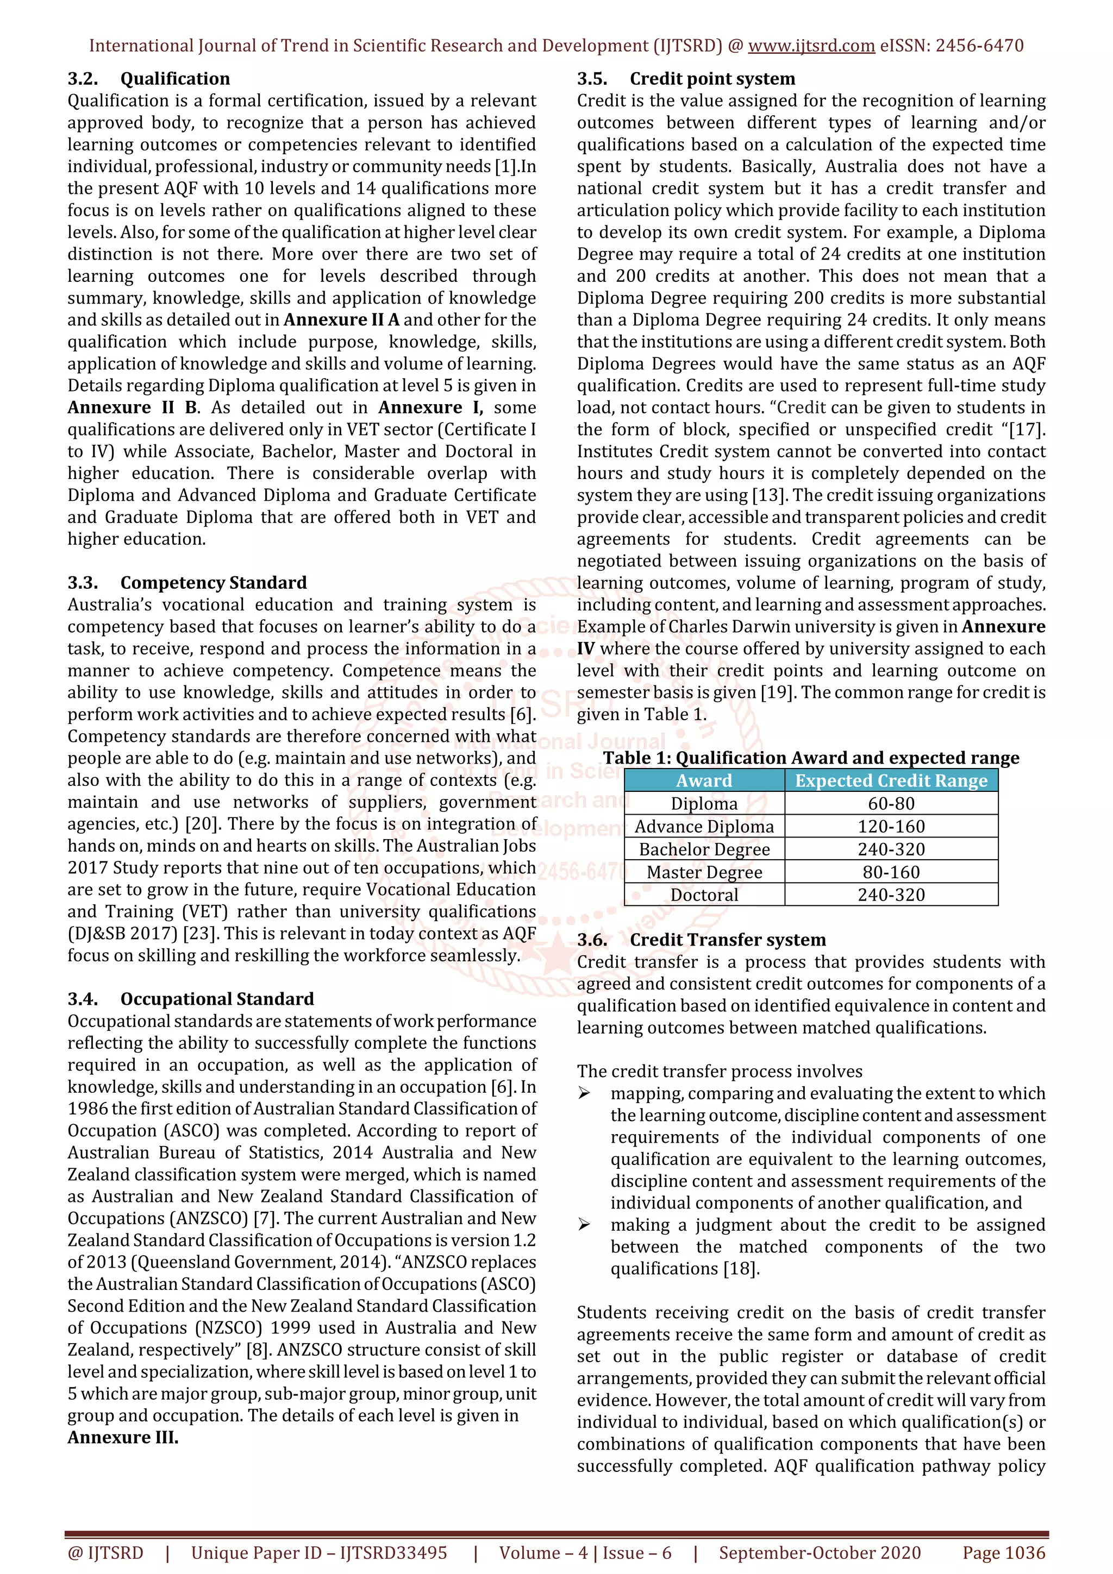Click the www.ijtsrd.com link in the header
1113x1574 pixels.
[811, 46]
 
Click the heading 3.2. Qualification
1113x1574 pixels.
[149, 79]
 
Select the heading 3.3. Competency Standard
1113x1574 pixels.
[187, 583]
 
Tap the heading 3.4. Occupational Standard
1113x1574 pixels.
[191, 999]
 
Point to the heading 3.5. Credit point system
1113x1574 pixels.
[686, 79]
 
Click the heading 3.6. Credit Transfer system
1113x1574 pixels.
[701, 940]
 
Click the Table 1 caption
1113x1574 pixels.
[811, 758]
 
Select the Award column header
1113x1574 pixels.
[704, 781]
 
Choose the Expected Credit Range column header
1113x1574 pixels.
[891, 781]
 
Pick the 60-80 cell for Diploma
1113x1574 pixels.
[891, 803]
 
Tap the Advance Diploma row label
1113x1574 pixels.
[704, 827]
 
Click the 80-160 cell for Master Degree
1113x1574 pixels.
[891, 872]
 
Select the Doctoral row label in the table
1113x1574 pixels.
[704, 895]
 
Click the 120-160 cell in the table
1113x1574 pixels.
[891, 827]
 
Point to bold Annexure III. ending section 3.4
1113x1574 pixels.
[123, 1438]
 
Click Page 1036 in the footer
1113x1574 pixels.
[1003, 1553]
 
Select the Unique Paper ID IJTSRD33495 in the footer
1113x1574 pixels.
[319, 1553]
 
